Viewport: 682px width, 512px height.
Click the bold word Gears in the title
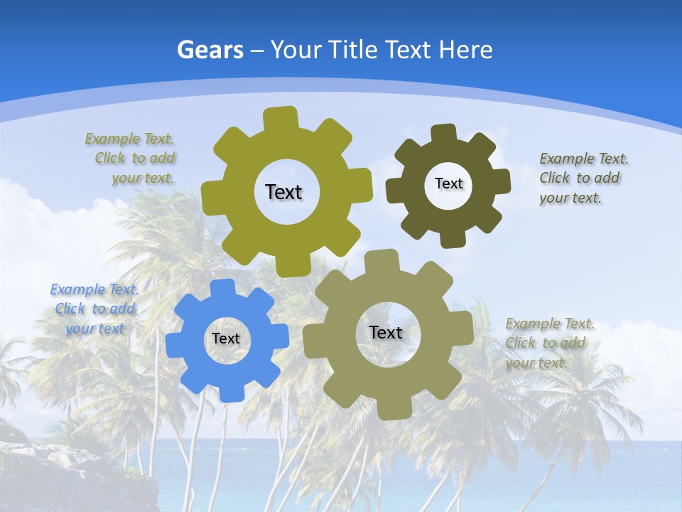click(210, 50)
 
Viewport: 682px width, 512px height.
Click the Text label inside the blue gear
click(226, 339)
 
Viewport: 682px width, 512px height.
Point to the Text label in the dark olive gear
click(448, 183)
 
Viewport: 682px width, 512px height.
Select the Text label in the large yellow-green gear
click(283, 192)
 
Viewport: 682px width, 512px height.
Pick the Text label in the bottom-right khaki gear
click(386, 333)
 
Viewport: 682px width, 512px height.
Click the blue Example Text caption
click(94, 309)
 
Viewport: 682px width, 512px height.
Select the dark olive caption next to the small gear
click(583, 178)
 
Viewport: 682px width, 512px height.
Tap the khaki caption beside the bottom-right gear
click(549, 343)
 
